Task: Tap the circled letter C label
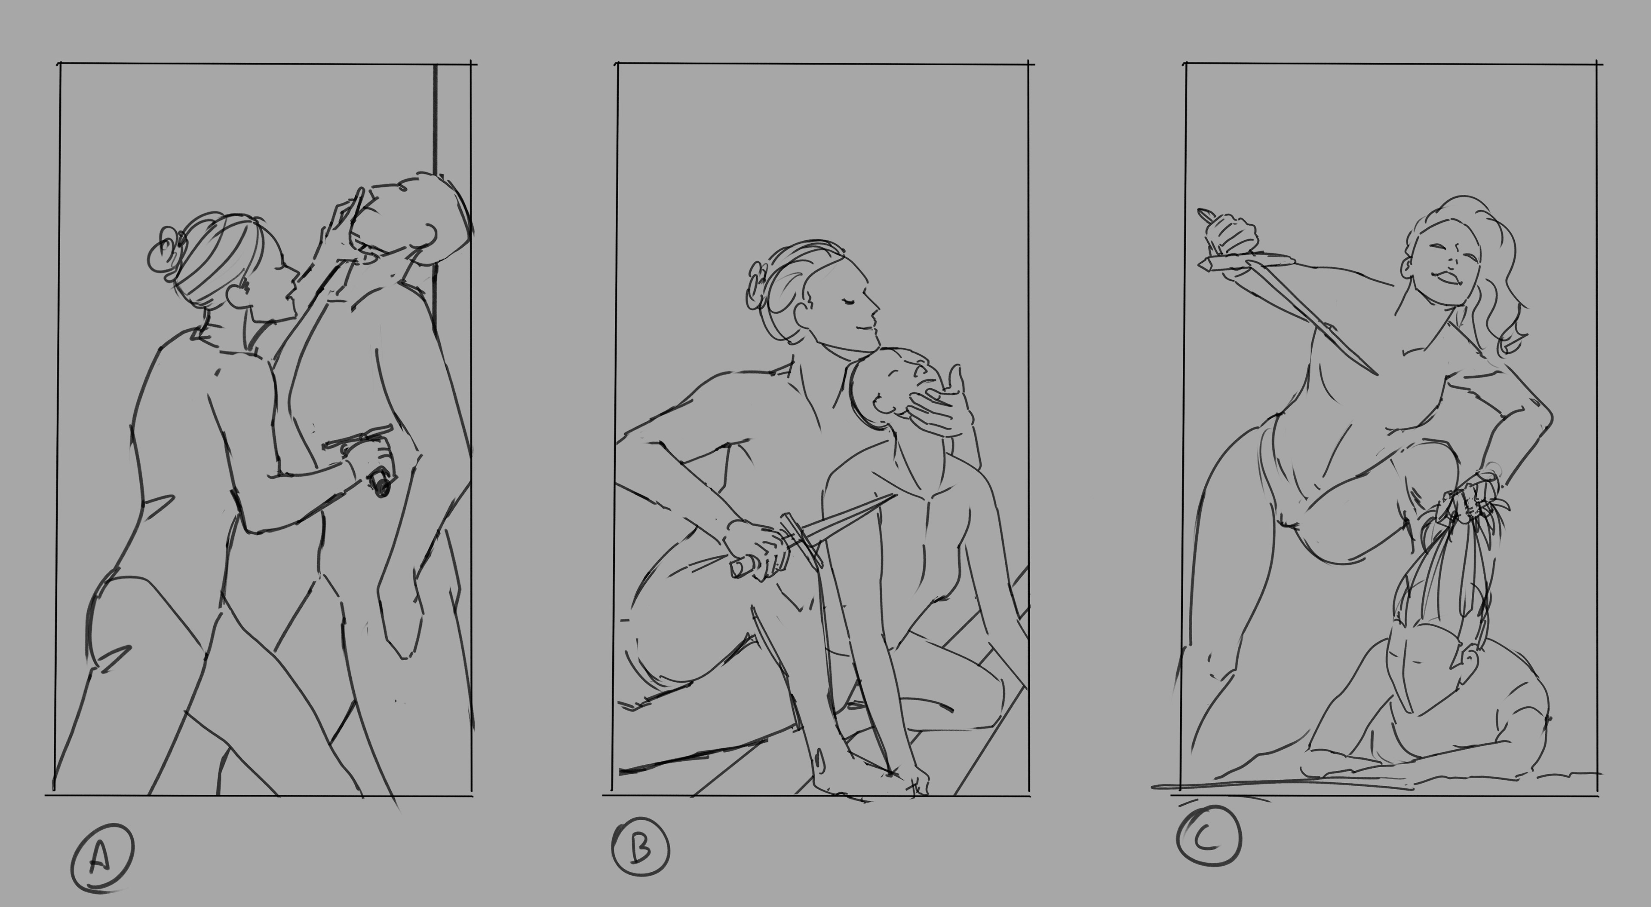point(1209,836)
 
